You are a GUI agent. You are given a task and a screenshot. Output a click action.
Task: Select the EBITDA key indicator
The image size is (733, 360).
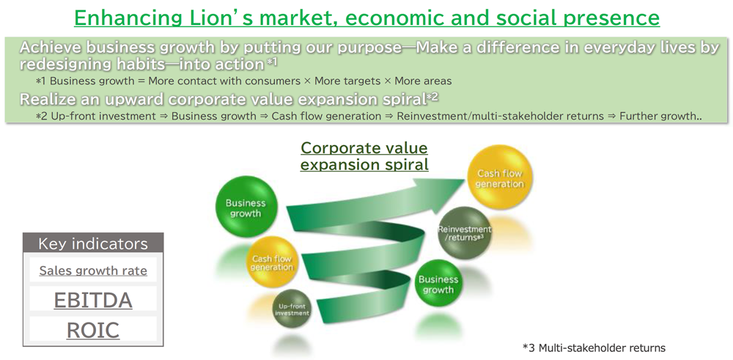click(x=93, y=300)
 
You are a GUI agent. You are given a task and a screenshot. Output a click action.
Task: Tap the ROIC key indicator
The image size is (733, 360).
click(x=93, y=330)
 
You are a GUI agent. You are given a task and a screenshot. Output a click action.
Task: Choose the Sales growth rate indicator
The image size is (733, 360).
click(x=93, y=271)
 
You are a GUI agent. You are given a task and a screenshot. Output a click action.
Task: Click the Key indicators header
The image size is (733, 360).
click(x=93, y=243)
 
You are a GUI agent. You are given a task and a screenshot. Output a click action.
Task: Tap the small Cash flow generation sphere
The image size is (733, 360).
click(x=271, y=262)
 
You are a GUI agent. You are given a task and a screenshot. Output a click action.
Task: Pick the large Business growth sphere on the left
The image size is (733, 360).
click(x=246, y=207)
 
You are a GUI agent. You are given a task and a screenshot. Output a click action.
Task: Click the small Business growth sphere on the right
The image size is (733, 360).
click(x=438, y=283)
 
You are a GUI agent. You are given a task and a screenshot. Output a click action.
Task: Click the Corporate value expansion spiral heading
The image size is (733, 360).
click(x=364, y=156)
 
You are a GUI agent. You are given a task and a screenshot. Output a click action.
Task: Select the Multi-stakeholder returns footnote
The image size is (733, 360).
click(x=594, y=348)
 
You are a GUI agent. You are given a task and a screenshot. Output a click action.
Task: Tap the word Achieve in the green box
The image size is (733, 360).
click(x=50, y=48)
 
